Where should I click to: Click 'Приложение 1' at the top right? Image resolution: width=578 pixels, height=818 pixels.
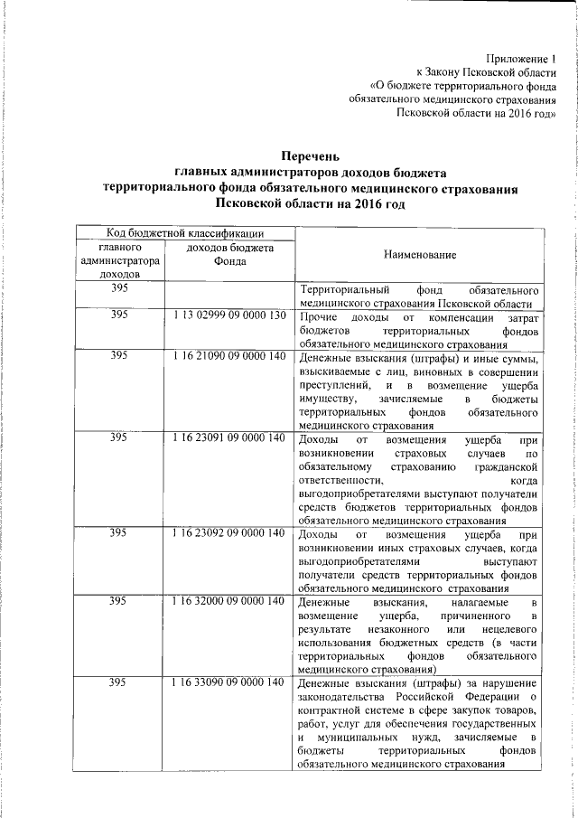click(519, 59)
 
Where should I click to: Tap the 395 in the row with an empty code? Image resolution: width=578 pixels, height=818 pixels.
click(118, 288)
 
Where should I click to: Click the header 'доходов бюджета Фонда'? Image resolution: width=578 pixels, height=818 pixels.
click(229, 254)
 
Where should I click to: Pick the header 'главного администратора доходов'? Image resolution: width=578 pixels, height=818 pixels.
click(118, 259)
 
